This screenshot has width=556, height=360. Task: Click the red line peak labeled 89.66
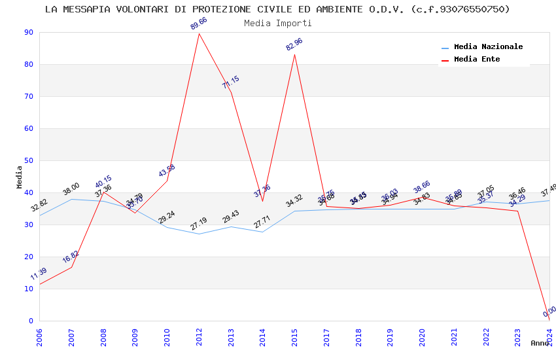click(199, 33)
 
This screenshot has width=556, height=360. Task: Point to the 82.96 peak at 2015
click(294, 54)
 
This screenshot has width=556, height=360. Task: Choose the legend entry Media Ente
click(477, 60)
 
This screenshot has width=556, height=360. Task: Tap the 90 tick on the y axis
click(28, 32)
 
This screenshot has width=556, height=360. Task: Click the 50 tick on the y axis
click(28, 160)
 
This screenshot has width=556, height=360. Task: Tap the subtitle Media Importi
click(278, 23)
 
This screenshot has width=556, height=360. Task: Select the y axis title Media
click(20, 177)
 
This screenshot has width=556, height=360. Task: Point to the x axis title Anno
click(540, 343)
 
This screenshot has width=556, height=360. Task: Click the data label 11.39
click(39, 274)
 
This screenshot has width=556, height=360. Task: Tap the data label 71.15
click(230, 82)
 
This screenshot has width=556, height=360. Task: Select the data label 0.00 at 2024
click(549, 311)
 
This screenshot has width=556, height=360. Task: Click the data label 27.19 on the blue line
click(199, 224)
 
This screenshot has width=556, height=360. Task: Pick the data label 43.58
click(167, 171)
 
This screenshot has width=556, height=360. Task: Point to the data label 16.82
click(71, 257)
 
